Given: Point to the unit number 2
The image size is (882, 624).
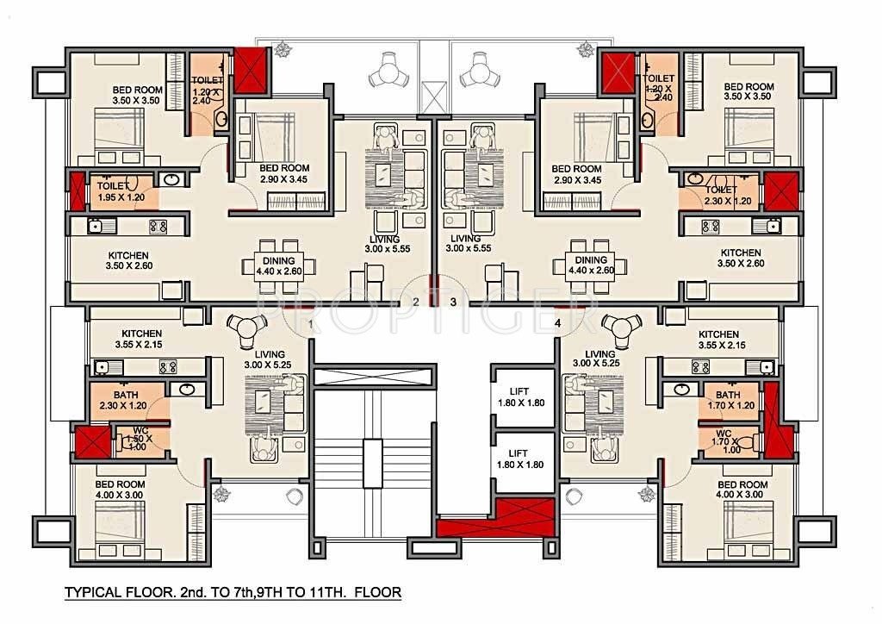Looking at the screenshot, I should pos(415,302).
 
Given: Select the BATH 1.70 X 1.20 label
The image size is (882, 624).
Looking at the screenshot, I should pos(728,399).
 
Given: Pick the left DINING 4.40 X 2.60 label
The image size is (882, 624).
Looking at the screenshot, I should pos(279,265).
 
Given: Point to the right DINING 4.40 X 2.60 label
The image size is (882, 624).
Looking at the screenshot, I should pos(591,265).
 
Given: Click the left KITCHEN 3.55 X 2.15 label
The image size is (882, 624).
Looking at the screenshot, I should pos(141,339).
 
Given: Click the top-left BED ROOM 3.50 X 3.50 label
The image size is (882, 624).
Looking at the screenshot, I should pos(137,92).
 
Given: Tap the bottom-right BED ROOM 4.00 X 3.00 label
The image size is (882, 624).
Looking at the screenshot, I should pos(742,490).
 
